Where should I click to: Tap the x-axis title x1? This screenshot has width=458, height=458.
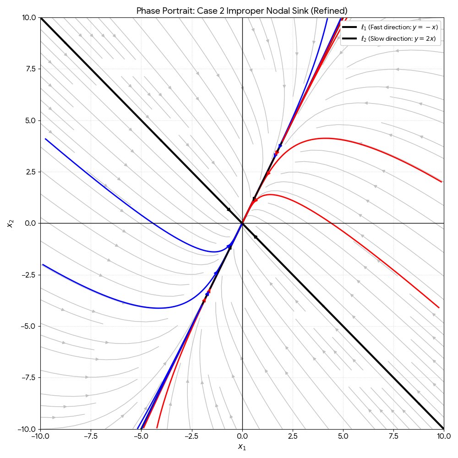[x=242, y=447]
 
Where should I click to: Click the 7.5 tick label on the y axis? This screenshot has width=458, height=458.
[x=30, y=69]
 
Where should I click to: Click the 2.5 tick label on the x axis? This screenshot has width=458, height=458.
[x=293, y=436]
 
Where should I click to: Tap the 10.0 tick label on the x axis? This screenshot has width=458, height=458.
[x=443, y=436]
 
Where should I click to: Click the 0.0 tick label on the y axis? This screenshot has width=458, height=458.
[x=30, y=223]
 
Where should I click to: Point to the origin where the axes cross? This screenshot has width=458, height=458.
[x=242, y=223]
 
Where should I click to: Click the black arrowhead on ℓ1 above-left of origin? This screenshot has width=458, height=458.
[x=229, y=210]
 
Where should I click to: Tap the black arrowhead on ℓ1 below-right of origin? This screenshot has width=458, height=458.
[x=255, y=236]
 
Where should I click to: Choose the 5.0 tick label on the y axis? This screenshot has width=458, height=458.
[x=30, y=120]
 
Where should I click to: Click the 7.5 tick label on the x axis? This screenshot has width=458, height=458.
[x=393, y=436]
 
